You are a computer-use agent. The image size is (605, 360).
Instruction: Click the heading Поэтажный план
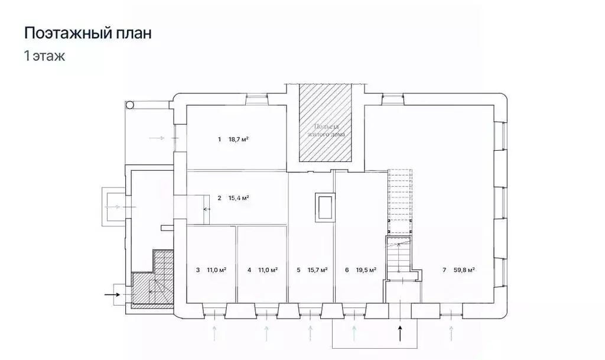pyautogui.click(x=87, y=33)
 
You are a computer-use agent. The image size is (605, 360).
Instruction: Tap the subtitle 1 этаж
pyautogui.click(x=44, y=57)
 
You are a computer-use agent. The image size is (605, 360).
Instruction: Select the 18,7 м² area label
pyautogui.click(x=238, y=140)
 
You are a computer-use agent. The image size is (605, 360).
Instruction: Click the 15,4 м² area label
pyautogui.click(x=238, y=198)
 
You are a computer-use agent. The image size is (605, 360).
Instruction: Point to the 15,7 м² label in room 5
pyautogui.click(x=317, y=270)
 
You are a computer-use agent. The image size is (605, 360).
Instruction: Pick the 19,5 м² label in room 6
pyautogui.click(x=366, y=270)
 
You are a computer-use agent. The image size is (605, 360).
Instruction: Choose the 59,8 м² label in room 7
pyautogui.click(x=464, y=270)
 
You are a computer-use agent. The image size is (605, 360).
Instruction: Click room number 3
pyautogui.click(x=197, y=270)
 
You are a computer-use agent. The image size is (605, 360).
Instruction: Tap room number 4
pyautogui.click(x=249, y=270)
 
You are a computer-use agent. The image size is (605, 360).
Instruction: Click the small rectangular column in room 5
pyautogui.click(x=324, y=207)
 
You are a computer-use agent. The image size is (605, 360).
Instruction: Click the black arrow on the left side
pyautogui.click(x=112, y=293)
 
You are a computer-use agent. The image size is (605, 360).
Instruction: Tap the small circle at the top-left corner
pyautogui.click(x=130, y=105)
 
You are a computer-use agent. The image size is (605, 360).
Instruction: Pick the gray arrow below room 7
pyautogui.click(x=452, y=332)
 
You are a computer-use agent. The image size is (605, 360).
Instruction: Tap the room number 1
pyautogui.click(x=219, y=140)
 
